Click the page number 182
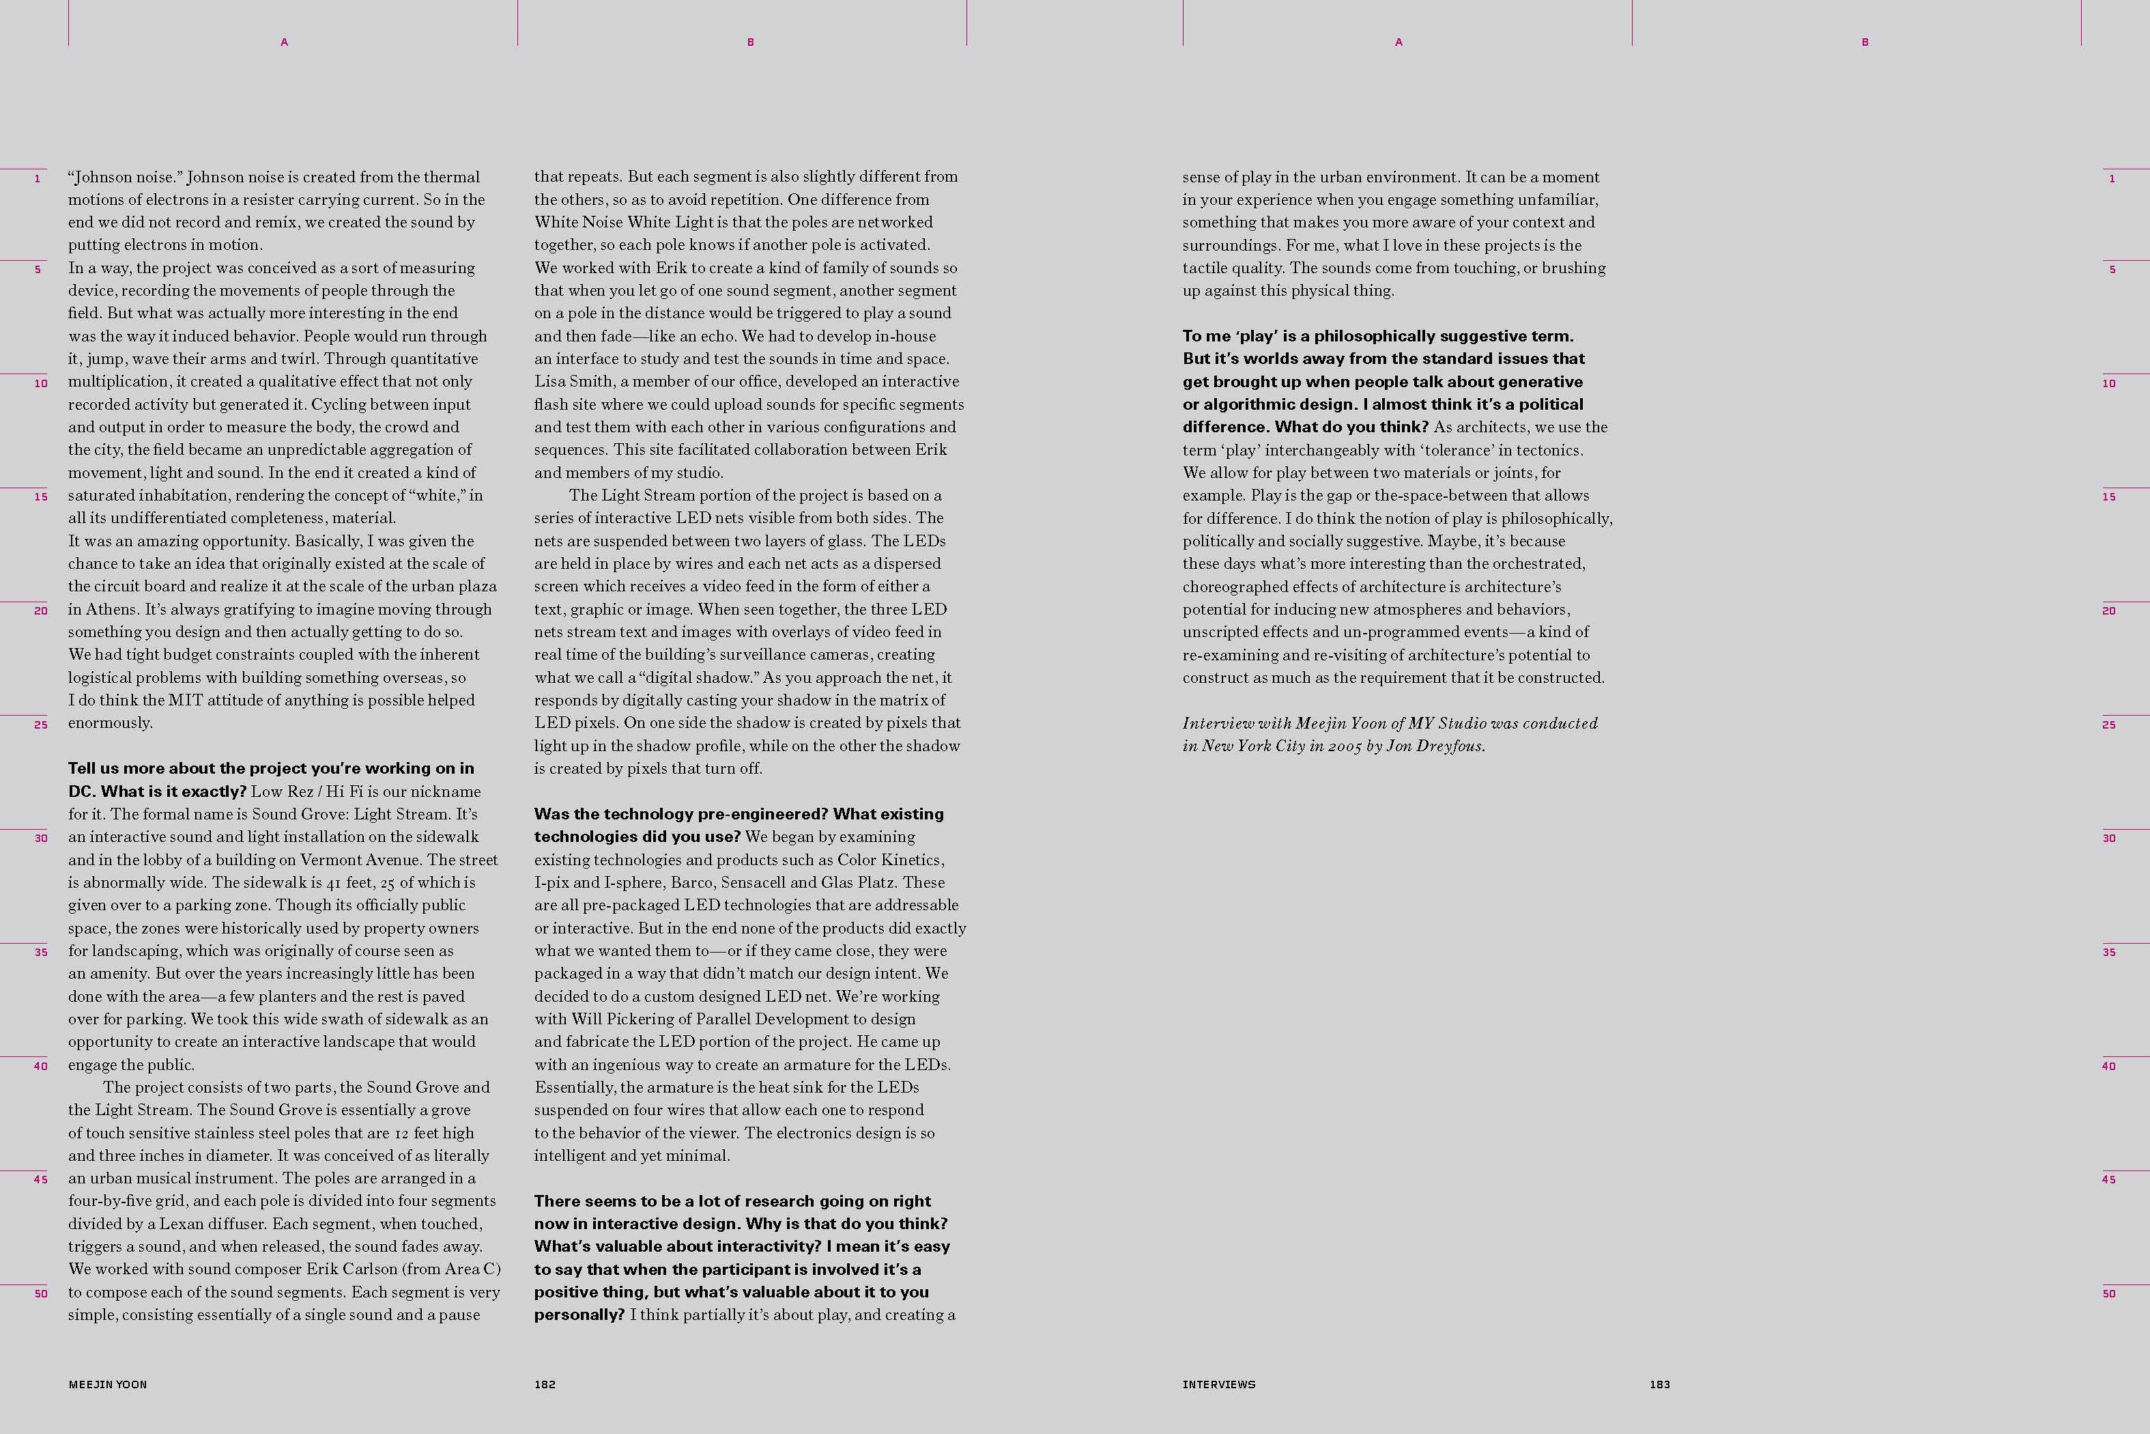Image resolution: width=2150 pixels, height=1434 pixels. (x=545, y=1385)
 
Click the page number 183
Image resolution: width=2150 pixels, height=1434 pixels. (x=1660, y=1385)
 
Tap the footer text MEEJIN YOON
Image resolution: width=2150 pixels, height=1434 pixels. (x=108, y=1385)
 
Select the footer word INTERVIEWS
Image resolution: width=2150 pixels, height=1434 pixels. (x=1218, y=1385)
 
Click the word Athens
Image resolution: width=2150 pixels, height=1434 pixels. (x=111, y=609)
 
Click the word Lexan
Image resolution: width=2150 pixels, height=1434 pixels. (x=182, y=1224)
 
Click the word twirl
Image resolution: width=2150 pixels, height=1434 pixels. (x=296, y=358)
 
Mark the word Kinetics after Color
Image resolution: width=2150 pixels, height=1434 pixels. (x=908, y=860)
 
